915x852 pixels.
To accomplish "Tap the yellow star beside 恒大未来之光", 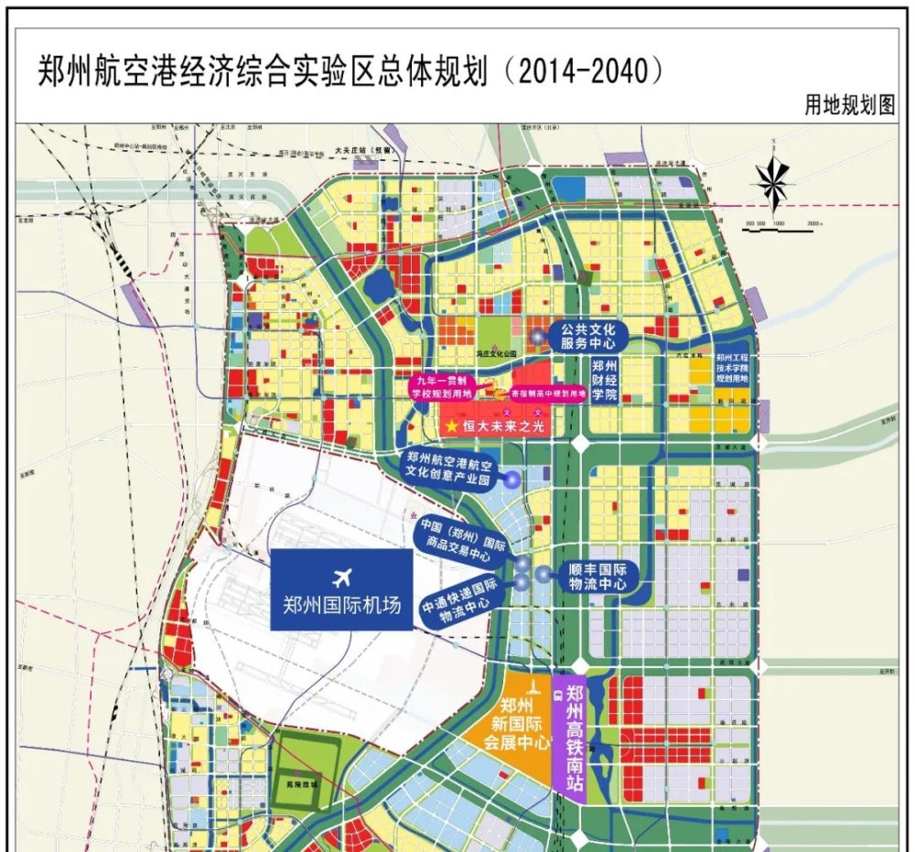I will [x=449, y=426].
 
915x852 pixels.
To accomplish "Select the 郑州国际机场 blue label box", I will [x=342, y=590].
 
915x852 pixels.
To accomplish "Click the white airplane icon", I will [x=343, y=577].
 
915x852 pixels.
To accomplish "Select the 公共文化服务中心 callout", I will [x=587, y=336].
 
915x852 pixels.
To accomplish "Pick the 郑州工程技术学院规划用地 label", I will [x=732, y=368].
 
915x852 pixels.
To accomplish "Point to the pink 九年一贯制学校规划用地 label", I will [x=441, y=387].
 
